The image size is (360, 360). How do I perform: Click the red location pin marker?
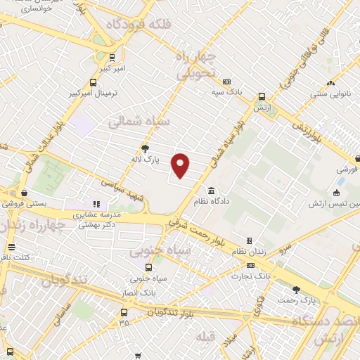[x=181, y=166]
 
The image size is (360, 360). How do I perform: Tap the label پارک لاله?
[x=146, y=160]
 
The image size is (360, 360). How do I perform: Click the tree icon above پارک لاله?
[x=146, y=148]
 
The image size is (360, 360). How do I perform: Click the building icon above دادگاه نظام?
[x=212, y=191]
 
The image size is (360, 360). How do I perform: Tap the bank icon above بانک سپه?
[x=226, y=82]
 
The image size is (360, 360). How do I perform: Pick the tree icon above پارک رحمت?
[x=296, y=290]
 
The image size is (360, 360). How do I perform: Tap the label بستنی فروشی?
[x=25, y=205]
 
